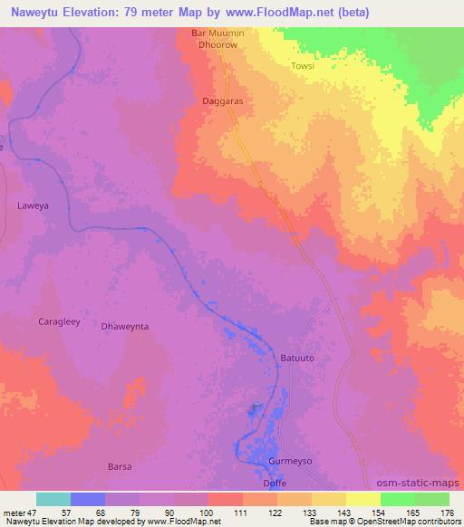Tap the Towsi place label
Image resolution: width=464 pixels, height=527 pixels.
point(303,66)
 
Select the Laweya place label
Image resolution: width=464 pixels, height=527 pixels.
point(32,206)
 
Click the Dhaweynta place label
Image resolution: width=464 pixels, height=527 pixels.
point(124,326)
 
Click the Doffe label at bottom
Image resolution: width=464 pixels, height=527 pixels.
point(275,484)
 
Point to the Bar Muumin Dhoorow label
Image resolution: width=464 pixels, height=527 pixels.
point(217,41)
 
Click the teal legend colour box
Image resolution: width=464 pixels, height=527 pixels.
point(53,499)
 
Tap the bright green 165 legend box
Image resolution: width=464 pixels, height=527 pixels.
point(397,499)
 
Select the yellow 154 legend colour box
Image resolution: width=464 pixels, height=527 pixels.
point(362,499)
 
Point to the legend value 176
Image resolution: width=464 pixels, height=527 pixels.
point(448,513)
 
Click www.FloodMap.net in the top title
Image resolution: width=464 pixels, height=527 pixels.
point(266,13)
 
